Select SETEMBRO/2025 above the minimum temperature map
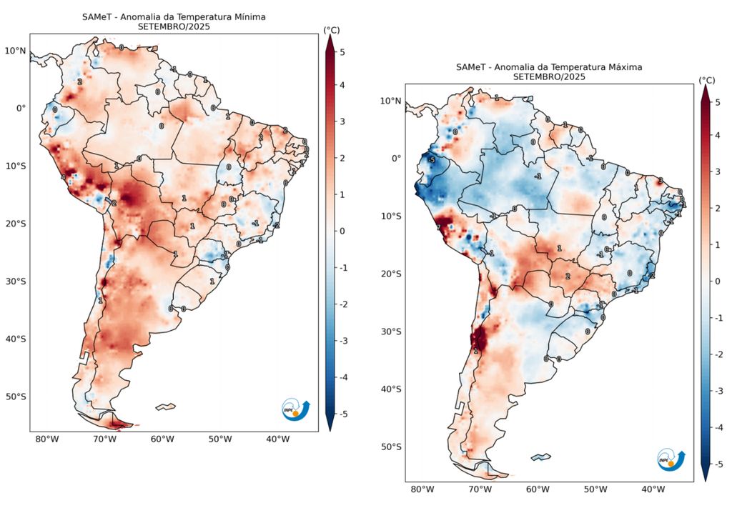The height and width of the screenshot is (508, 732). (174, 26)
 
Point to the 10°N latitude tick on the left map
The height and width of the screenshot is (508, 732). (16, 51)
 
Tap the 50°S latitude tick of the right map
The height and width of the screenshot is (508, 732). (390, 447)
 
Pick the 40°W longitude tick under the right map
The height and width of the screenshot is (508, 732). (653, 489)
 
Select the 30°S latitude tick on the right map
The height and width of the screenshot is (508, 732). (390, 332)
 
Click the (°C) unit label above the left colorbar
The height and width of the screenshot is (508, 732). (331, 30)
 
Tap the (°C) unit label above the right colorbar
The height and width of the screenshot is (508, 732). (706, 80)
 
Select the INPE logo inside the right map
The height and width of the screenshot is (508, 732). (671, 460)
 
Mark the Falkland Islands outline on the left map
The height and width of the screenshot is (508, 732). (165, 407)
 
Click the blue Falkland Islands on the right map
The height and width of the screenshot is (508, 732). (540, 457)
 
